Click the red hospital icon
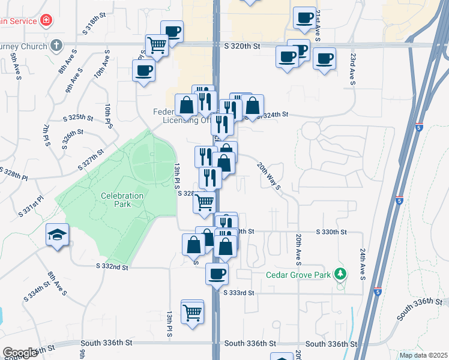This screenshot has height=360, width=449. [x=46, y=20]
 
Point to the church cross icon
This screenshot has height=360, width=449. [x=56, y=45]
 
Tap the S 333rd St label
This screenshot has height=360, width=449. [x=239, y=293]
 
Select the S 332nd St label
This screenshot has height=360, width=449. [x=113, y=266]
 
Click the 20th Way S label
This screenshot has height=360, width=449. [x=270, y=176]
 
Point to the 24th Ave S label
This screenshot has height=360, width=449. [x=363, y=265]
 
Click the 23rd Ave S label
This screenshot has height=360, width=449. [x=353, y=69]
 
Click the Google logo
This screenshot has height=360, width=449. [x=20, y=353]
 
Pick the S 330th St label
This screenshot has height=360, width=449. [x=332, y=232]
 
